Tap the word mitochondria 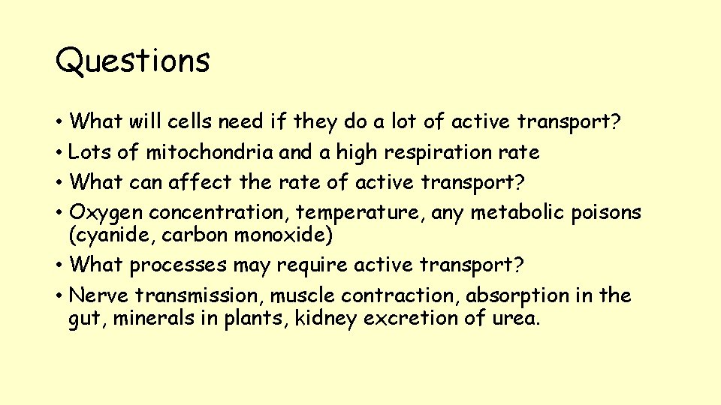click(x=209, y=153)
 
